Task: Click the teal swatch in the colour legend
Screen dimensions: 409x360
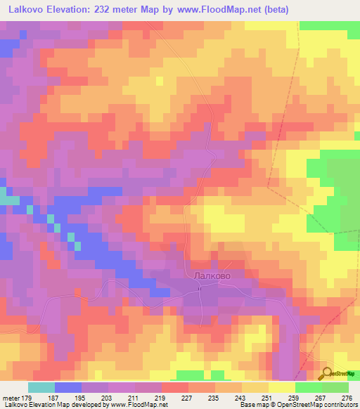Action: [41, 387]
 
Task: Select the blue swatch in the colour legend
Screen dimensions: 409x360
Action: [68, 387]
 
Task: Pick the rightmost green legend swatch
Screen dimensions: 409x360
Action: [335, 387]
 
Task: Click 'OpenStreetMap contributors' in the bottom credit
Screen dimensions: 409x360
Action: [320, 405]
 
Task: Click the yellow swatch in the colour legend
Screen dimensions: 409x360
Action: [282, 387]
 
